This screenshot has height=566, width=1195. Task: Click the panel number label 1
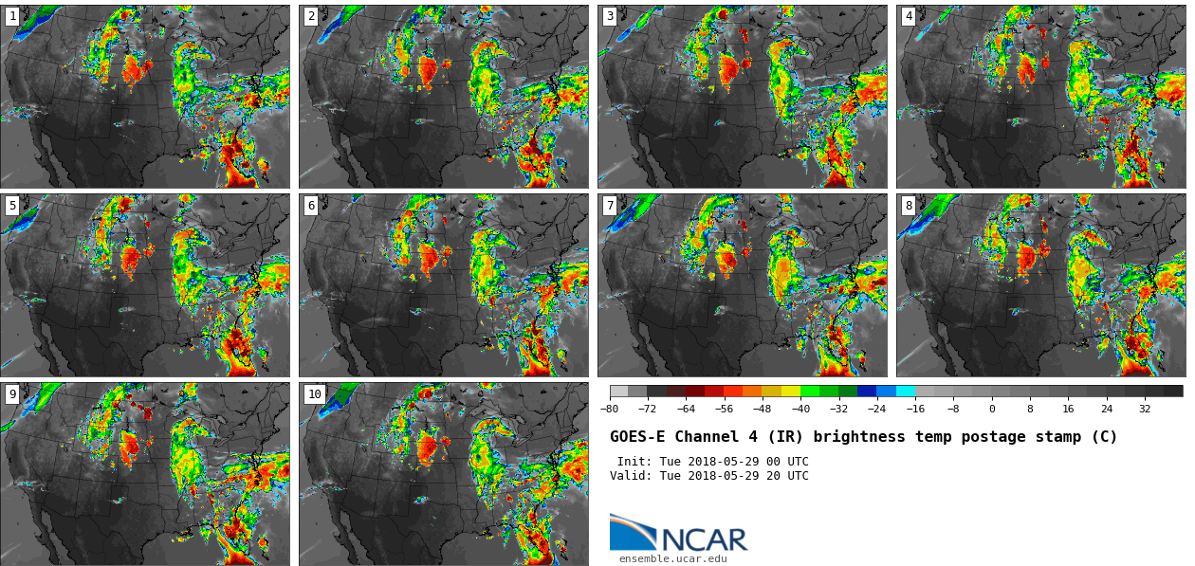tap(12, 16)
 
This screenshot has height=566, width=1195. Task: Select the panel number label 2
tap(311, 16)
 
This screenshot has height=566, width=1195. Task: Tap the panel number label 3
tap(610, 16)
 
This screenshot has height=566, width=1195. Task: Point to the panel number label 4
tap(909, 16)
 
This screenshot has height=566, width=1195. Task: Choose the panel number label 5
tap(12, 206)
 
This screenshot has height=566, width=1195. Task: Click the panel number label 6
tap(311, 206)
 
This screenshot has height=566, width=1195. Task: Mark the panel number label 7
tap(610, 206)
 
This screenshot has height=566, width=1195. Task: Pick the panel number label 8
tap(909, 206)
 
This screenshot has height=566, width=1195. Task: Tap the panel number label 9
tap(12, 394)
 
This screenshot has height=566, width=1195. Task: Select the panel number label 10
tap(314, 394)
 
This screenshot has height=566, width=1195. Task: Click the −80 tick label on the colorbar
tap(610, 410)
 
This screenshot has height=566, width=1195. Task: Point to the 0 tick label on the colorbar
tap(992, 410)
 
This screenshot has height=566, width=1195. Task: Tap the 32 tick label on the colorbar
tap(1145, 410)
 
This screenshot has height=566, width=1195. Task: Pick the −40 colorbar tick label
tap(800, 410)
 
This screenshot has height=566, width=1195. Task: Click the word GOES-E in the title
tap(637, 437)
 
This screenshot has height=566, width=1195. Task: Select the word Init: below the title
tap(635, 462)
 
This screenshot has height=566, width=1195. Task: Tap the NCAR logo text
tap(704, 539)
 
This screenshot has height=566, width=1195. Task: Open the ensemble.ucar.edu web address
tap(672, 559)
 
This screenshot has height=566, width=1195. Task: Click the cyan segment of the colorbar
tap(906, 391)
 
